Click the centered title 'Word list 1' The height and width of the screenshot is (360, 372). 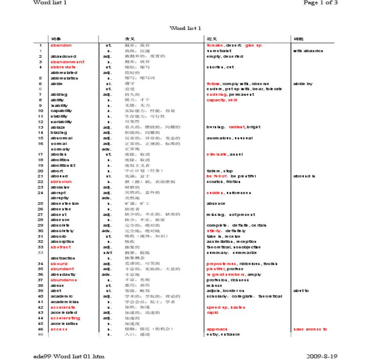point(185,28)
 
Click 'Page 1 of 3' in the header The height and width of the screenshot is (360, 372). point(320,3)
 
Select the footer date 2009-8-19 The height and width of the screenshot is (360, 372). point(322,356)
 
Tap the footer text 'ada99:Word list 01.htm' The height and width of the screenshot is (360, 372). point(69,356)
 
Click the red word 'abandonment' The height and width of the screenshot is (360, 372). point(68,62)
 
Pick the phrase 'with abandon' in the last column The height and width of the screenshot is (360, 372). point(308,51)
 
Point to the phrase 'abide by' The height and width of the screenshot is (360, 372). point(303,84)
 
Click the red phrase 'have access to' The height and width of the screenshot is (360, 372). point(310,329)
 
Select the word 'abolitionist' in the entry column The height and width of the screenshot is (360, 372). point(63,165)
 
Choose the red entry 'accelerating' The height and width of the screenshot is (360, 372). point(65,318)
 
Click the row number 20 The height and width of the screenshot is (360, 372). point(41,171)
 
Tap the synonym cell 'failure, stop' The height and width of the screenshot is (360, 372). point(219,171)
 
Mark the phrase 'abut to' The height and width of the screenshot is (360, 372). point(301,291)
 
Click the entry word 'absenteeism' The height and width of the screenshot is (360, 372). point(65,204)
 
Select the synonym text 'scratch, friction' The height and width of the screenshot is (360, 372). point(224,182)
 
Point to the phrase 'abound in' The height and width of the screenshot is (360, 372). point(304,176)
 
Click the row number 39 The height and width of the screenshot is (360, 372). point(41,291)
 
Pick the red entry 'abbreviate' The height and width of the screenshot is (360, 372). point(63,67)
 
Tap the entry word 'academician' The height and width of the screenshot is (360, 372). point(65,302)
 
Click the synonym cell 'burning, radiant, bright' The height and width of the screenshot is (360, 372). point(233,127)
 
